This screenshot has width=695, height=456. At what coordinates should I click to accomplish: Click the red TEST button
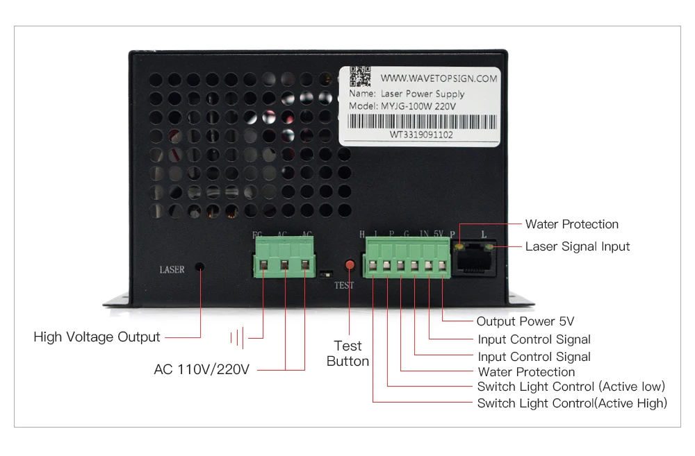tap(350, 264)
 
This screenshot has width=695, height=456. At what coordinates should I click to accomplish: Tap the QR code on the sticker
tap(360, 76)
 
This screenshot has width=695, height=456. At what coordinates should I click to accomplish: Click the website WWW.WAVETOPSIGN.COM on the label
tap(439, 78)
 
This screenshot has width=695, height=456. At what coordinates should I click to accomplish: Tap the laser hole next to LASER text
tap(200, 267)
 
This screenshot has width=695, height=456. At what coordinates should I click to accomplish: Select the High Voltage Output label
tap(97, 337)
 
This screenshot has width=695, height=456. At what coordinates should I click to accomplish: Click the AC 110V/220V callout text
tap(202, 369)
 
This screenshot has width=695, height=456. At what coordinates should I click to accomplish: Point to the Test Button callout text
tap(348, 353)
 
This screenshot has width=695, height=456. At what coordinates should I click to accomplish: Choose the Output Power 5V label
tap(525, 321)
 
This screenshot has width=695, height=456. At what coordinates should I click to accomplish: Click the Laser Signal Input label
tap(578, 246)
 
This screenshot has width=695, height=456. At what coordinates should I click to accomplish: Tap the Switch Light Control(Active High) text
tap(572, 403)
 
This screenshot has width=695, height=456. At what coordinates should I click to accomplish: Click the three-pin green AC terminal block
tap(284, 257)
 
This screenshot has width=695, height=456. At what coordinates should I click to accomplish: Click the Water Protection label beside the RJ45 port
tap(571, 224)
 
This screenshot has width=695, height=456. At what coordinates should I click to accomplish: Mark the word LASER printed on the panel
tap(172, 269)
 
